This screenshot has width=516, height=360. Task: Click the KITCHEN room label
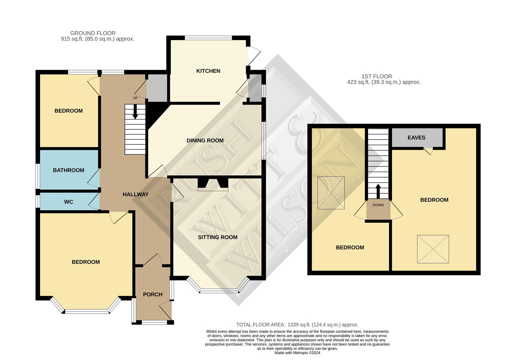(x=208, y=71)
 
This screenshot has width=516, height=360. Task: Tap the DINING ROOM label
(x=205, y=141)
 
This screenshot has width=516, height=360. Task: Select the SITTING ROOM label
(x=218, y=237)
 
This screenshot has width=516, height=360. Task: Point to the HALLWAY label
(x=136, y=195)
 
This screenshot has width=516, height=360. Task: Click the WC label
(x=69, y=202)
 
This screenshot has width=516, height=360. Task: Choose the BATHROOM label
(x=69, y=170)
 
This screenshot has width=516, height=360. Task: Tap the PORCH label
(x=153, y=295)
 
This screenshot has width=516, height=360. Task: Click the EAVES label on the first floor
(x=416, y=138)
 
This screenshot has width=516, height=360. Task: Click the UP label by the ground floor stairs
(x=135, y=98)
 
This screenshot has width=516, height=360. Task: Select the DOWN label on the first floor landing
(x=378, y=205)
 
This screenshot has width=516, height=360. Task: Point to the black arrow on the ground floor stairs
(x=135, y=112)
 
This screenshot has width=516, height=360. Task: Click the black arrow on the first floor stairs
(x=378, y=191)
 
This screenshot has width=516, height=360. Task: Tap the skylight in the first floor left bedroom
(x=331, y=193)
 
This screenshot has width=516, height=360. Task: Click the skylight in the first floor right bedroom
(x=433, y=249)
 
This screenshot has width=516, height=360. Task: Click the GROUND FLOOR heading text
(x=93, y=33)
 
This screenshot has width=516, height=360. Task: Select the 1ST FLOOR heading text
(x=377, y=77)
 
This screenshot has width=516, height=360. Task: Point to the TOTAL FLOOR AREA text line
(x=297, y=325)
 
